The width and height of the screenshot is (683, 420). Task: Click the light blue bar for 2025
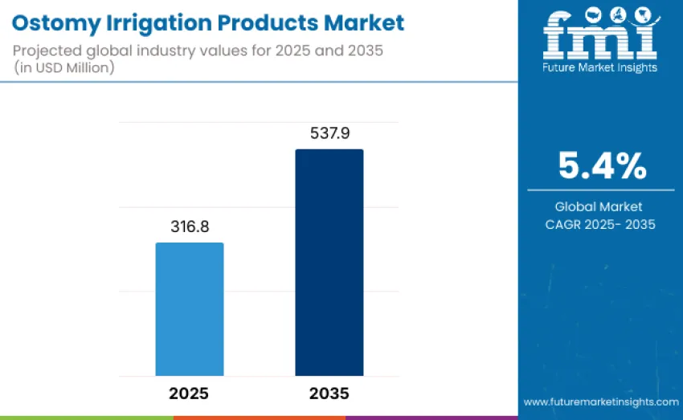pos(189,309)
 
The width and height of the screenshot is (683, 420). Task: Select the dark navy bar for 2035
pos(329,263)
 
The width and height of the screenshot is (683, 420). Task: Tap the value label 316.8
pos(190,227)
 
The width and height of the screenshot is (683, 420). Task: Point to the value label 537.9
pos(329,133)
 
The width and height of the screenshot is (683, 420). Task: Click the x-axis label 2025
pos(189,393)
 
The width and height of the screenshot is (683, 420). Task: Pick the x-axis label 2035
pos(329,393)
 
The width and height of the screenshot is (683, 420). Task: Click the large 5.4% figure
pos(601,165)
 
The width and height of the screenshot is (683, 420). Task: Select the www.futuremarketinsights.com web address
pos(600,401)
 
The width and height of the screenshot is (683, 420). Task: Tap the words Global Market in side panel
pos(601,206)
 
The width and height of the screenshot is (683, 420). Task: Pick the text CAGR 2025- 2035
pos(601,224)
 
